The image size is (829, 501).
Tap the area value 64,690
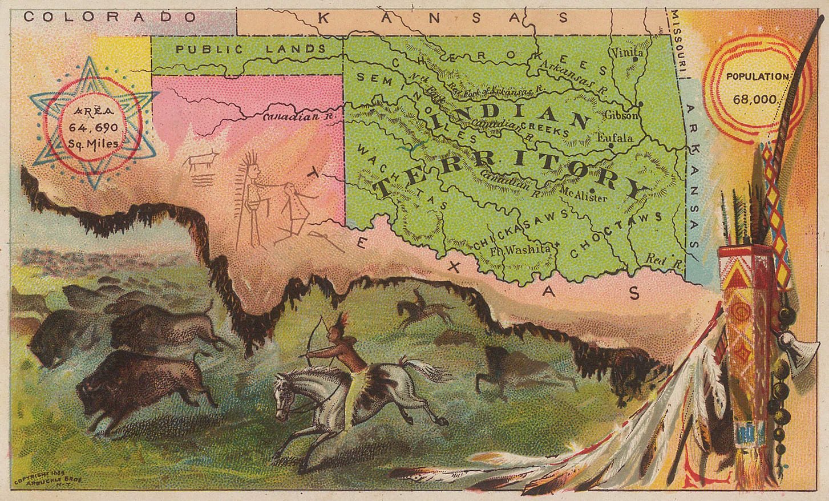pos(93,126)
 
